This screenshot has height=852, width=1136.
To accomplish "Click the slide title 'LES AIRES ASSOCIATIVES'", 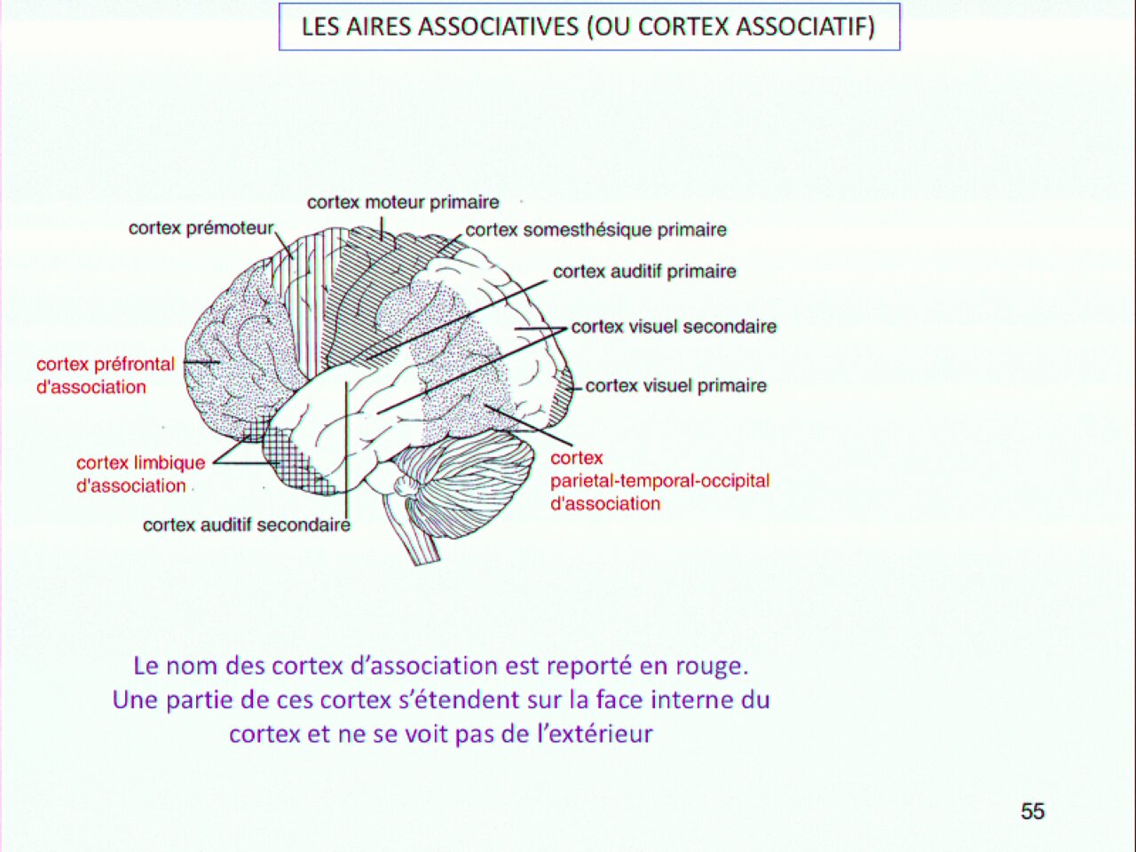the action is (x=440, y=27).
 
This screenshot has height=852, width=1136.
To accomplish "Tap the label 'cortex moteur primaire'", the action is (x=403, y=202).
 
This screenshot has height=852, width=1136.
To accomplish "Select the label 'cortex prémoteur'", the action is (x=201, y=228).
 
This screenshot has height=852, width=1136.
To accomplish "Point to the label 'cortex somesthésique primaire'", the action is (x=596, y=230).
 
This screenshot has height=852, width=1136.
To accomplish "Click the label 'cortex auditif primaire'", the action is (x=644, y=272).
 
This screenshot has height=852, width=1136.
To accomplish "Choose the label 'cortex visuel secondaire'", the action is (x=674, y=327).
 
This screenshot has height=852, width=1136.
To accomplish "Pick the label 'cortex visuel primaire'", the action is (x=676, y=386).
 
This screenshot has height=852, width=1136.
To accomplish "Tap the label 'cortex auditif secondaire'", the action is (x=247, y=525).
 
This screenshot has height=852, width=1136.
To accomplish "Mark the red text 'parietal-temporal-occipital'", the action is (x=660, y=481).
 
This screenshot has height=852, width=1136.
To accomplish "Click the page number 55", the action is (x=1032, y=811).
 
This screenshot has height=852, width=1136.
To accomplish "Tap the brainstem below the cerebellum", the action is (x=412, y=532).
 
